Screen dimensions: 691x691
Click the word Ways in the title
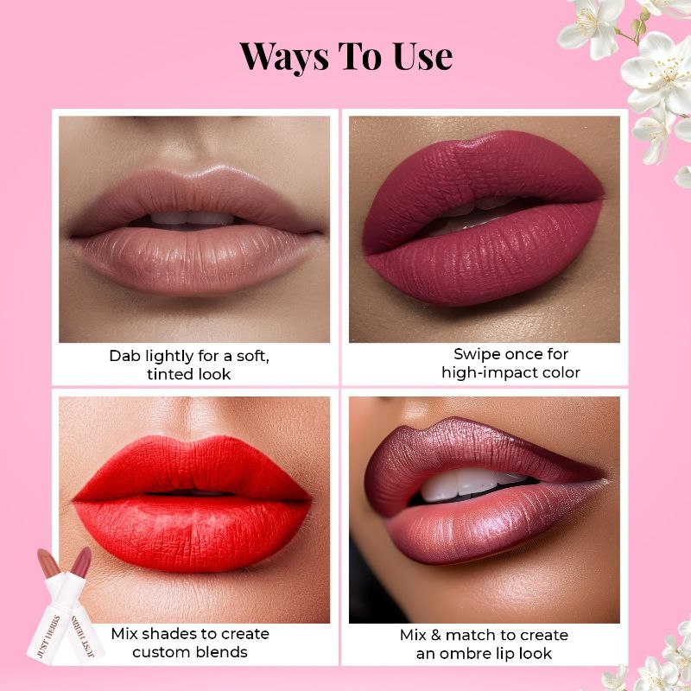[284, 56]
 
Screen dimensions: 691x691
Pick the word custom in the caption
[158, 652]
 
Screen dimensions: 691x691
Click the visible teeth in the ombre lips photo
[472, 485]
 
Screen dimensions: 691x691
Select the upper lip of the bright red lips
[193, 468]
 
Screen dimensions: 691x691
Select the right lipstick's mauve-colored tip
[81, 562]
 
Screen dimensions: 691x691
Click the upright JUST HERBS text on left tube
[49, 637]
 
